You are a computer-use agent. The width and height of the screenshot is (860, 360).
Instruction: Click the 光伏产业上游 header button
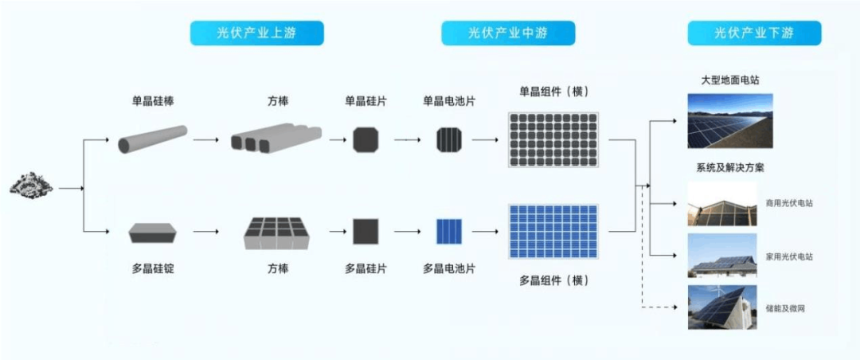tap(256, 33)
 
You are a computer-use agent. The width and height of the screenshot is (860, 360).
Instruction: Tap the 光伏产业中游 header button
tap(508, 33)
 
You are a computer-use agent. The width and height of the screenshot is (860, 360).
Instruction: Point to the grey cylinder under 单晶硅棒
tap(153, 139)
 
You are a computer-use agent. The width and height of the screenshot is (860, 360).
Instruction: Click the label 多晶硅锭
tap(153, 268)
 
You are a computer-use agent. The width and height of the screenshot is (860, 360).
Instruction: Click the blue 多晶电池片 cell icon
tap(448, 231)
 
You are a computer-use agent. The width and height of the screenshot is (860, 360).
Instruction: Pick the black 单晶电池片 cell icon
tap(448, 139)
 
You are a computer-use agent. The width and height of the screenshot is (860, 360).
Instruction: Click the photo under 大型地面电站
tap(729, 121)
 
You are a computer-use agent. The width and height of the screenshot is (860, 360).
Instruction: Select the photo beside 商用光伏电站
tap(721, 204)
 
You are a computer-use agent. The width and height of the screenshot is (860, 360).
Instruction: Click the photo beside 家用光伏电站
tap(721, 256)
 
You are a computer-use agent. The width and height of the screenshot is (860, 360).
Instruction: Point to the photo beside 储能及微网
tap(721, 307)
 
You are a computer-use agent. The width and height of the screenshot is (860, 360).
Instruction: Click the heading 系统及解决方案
tap(729, 168)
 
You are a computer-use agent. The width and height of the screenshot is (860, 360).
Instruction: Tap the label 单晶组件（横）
tap(553, 92)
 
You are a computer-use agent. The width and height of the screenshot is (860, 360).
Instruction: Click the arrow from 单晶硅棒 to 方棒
tap(206, 140)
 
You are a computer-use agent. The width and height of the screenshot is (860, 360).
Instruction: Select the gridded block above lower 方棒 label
tap(276, 232)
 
